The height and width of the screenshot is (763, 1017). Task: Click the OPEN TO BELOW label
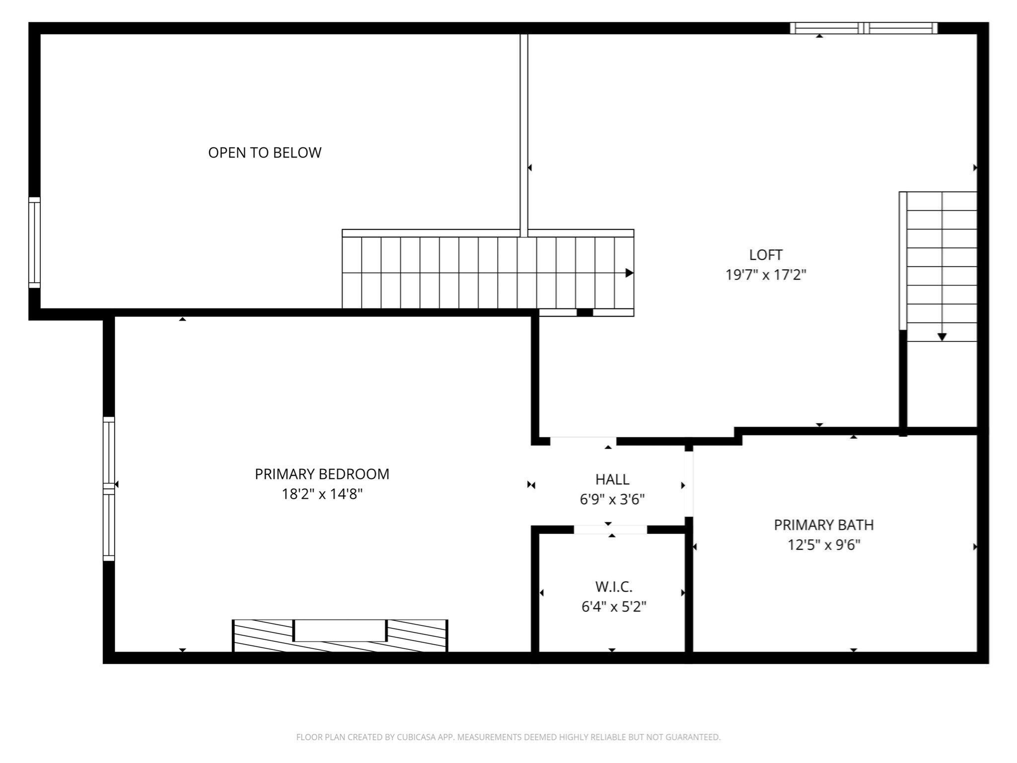265,153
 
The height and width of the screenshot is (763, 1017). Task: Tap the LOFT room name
766,255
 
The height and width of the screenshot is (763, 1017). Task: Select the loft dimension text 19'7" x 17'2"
766,275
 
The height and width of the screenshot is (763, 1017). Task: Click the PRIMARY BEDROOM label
322,474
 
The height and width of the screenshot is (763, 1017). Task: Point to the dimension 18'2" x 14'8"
322,494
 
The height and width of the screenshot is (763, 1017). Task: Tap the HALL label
612,479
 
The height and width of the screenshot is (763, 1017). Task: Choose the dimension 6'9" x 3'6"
612,499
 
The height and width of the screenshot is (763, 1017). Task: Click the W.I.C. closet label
614,587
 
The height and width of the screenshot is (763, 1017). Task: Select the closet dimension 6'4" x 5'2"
614,607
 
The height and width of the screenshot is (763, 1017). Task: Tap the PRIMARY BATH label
824,525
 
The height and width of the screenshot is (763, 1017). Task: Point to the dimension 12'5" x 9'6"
824,545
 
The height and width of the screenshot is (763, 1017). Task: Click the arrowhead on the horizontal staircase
629,273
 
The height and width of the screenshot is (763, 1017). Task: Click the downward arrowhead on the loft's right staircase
942,337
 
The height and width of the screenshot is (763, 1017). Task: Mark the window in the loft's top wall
864,28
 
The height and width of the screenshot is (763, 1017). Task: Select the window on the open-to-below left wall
34,242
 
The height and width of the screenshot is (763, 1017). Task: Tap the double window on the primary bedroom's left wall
109,489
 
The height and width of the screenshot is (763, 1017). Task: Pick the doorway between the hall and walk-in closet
610,530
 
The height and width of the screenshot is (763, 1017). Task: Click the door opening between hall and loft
583,441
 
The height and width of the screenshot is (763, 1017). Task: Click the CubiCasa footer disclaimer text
508,737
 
